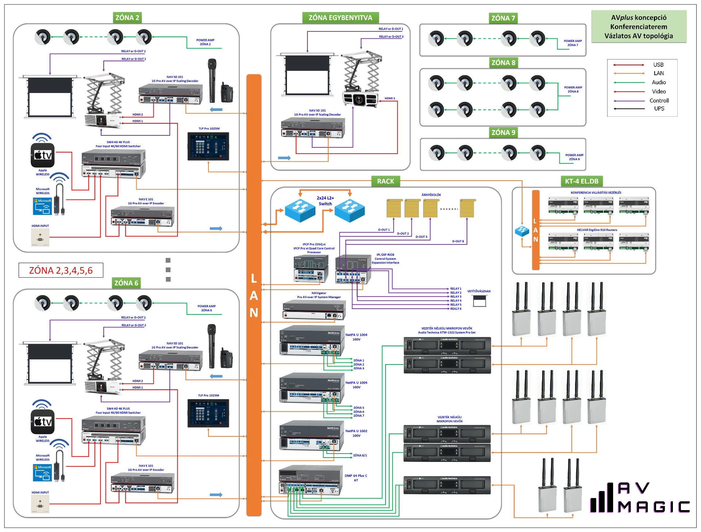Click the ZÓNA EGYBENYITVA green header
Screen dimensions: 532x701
(x=340, y=18)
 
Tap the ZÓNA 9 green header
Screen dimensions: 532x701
(x=503, y=132)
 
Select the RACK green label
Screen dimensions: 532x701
(x=385, y=181)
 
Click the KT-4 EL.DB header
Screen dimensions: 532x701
(x=582, y=181)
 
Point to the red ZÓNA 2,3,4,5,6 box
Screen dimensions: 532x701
(x=61, y=270)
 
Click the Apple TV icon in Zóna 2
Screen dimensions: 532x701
(x=43, y=155)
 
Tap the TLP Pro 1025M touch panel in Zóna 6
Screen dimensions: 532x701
(x=208, y=413)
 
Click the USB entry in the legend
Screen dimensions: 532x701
(x=658, y=65)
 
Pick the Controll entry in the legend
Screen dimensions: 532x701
(x=659, y=101)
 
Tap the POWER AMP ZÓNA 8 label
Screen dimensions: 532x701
(x=573, y=89)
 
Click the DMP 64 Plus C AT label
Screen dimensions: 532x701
(x=356, y=478)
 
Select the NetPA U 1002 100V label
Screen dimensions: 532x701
(x=356, y=433)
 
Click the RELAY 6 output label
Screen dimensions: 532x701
(x=456, y=309)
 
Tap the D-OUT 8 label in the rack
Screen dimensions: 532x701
(x=458, y=241)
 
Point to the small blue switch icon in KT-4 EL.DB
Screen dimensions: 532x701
(x=522, y=231)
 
